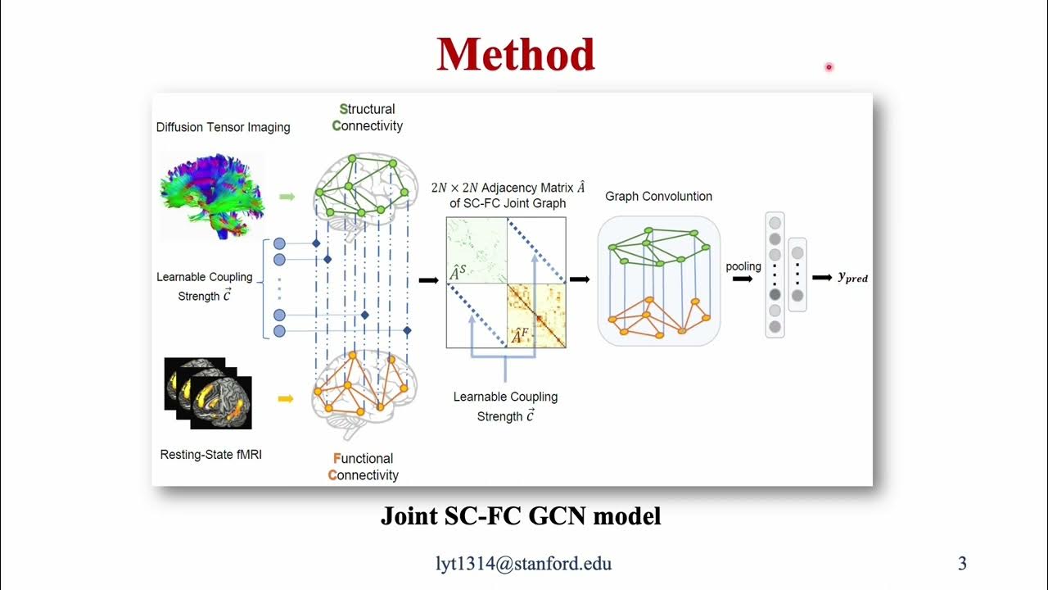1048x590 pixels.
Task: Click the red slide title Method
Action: pyautogui.click(x=516, y=55)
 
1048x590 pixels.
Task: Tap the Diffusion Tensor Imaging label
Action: pyautogui.click(x=223, y=127)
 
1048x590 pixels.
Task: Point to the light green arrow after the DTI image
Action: pyautogui.click(x=287, y=197)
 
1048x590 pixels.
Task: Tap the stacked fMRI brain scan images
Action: pyautogui.click(x=208, y=393)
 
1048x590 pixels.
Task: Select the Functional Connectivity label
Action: pyautogui.click(x=363, y=466)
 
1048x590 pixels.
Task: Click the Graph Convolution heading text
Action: pyautogui.click(x=658, y=197)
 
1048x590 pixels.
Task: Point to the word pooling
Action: pyautogui.click(x=743, y=266)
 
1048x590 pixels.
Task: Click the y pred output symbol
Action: pyautogui.click(x=852, y=278)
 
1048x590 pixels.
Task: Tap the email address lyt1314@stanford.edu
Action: pyautogui.click(x=523, y=563)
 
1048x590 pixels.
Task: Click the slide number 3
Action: pyautogui.click(x=962, y=563)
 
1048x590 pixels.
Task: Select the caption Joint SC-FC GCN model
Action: pyautogui.click(x=520, y=516)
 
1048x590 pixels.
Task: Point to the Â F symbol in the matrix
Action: pyautogui.click(x=520, y=335)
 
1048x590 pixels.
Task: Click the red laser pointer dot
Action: pyautogui.click(x=829, y=67)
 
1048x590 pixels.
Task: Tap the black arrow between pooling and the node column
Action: pyautogui.click(x=743, y=279)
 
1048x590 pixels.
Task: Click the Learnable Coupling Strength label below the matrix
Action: pyautogui.click(x=505, y=406)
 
